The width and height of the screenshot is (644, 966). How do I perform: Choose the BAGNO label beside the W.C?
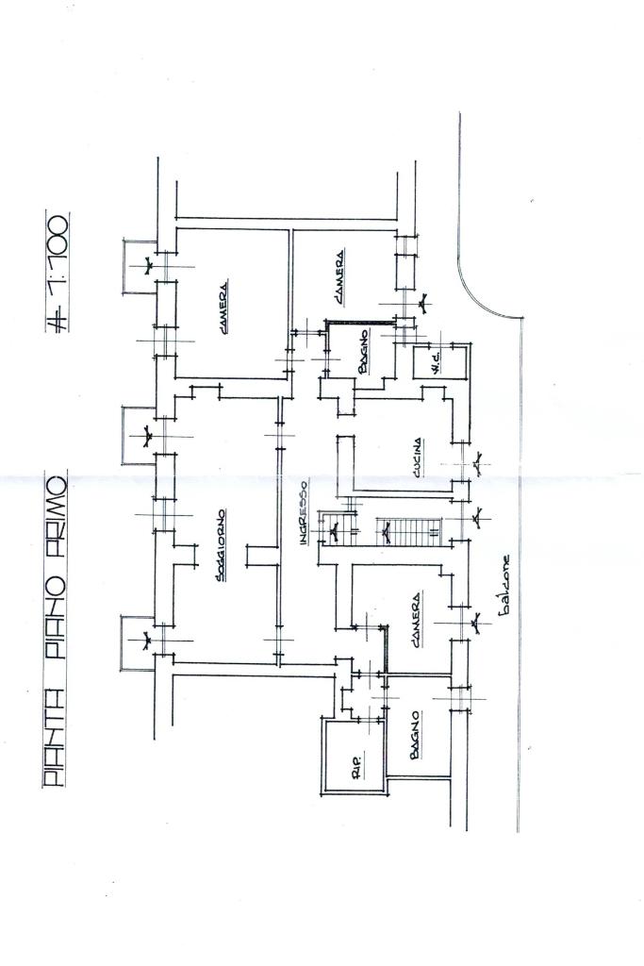362,352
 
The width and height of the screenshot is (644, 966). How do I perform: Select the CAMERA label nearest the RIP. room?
415,622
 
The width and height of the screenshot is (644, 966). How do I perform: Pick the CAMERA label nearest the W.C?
338,277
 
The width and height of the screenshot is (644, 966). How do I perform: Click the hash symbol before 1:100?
57,319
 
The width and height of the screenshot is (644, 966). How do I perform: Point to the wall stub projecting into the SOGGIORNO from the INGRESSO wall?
259,554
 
